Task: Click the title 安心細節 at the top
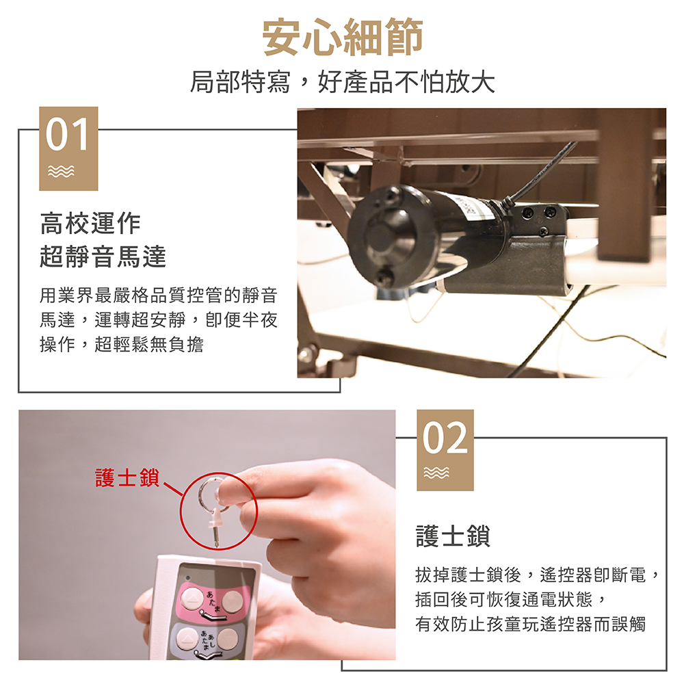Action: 343,37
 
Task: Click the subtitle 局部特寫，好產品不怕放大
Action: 343,81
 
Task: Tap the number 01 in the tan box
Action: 68,134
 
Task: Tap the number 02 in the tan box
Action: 445,438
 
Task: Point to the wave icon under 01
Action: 61,172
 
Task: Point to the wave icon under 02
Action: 436,473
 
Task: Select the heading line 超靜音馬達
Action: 103,256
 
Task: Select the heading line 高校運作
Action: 90,224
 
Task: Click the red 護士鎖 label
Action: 127,477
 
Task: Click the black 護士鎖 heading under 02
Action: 453,536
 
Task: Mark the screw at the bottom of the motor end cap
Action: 384,275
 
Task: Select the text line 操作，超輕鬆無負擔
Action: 121,344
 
